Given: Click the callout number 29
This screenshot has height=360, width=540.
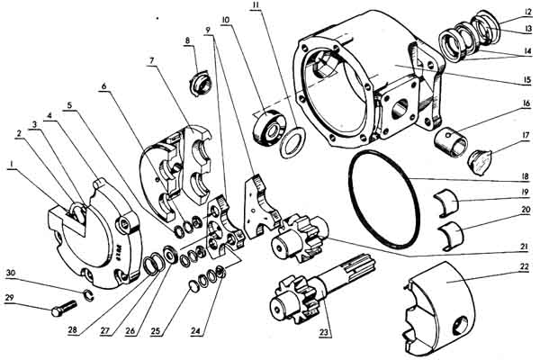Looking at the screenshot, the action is point(9,298).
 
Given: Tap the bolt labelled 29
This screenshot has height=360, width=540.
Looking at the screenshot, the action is point(63,308).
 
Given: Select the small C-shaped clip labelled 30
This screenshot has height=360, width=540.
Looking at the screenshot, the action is point(89,295).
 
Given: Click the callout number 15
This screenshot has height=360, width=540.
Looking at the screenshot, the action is point(526,80).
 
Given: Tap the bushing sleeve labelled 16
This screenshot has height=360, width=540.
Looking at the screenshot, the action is point(450,142).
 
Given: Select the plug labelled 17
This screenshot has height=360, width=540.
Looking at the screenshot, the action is point(481,162).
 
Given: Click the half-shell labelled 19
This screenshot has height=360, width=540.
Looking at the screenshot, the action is point(446,203).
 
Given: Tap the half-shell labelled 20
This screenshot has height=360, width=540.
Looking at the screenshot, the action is point(452,236).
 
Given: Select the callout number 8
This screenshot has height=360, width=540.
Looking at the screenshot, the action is point(187,40).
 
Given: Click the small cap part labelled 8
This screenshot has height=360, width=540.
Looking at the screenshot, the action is point(202,83).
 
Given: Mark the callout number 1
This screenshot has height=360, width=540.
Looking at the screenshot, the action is point(12,166).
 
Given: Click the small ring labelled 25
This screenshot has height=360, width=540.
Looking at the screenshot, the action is point(194,287).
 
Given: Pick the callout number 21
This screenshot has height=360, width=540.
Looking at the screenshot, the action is point(524,247).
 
